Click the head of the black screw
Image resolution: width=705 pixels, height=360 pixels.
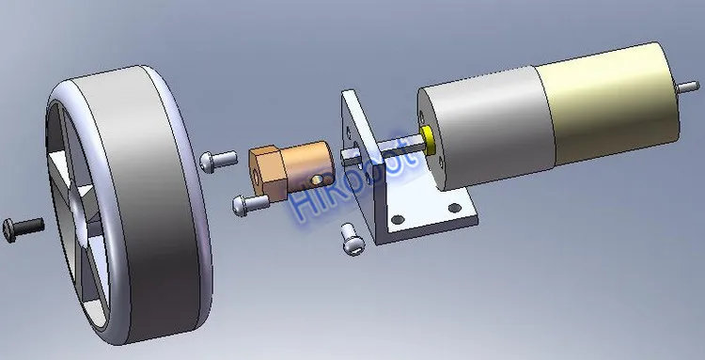8,231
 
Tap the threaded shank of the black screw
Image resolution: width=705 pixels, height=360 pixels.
29,226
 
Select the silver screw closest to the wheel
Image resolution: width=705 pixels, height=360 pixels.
218,162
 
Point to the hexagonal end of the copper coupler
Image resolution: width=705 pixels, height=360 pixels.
266,173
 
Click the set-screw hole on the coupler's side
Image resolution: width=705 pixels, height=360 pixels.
317,180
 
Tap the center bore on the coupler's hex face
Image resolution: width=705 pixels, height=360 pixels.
258,172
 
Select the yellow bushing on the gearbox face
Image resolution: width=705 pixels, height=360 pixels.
428,140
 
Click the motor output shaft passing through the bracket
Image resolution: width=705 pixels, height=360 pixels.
382,149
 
